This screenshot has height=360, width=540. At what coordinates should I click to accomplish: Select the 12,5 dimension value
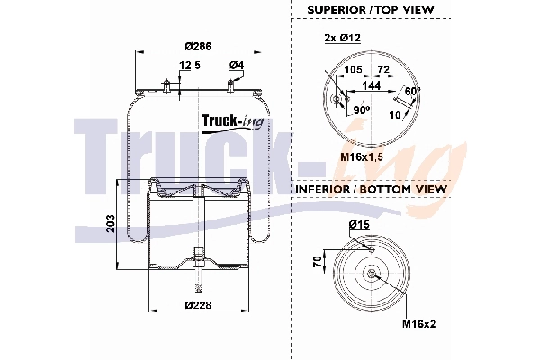coord(189,65)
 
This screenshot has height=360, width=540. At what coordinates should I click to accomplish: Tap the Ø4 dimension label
coord(237,65)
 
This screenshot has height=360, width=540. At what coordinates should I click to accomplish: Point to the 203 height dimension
coord(109,222)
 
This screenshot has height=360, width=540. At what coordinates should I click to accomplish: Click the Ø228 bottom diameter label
coord(197,305)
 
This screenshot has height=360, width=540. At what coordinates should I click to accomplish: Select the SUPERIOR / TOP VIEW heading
coord(370,9)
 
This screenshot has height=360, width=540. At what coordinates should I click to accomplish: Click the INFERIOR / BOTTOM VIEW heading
coord(369,190)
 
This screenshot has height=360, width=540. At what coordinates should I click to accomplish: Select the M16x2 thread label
coord(418,323)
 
